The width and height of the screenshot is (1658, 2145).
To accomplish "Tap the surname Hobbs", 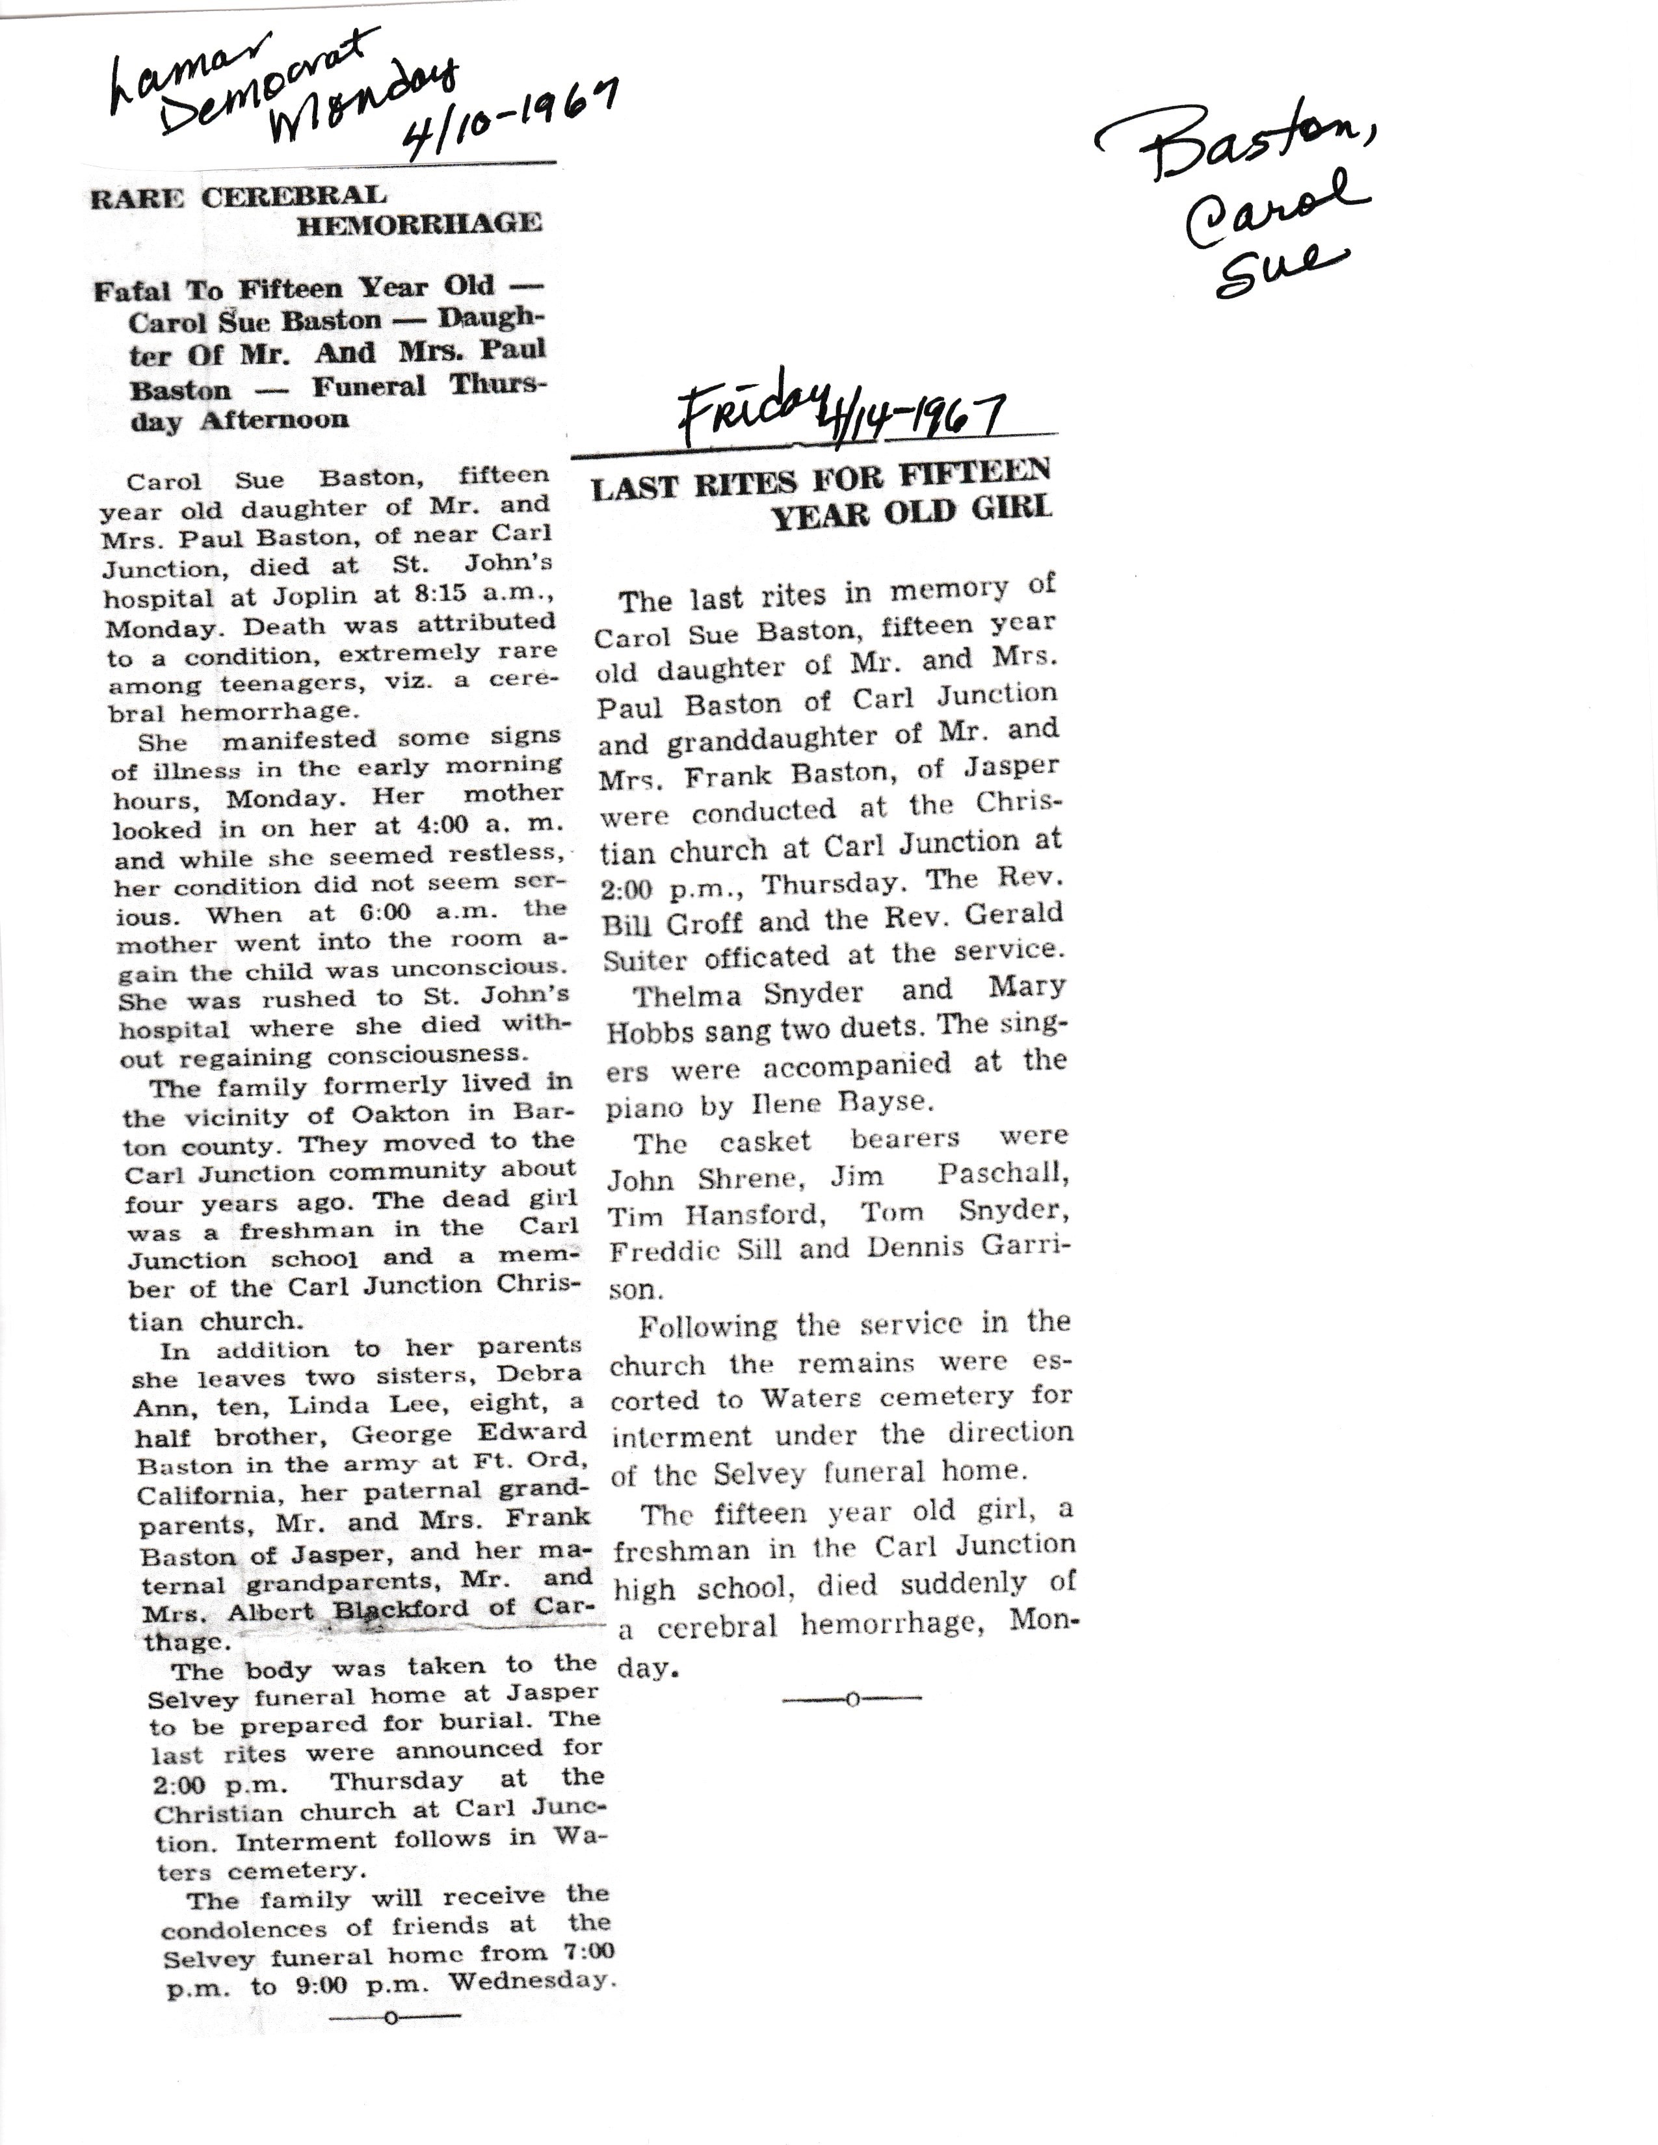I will point(651,1032).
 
